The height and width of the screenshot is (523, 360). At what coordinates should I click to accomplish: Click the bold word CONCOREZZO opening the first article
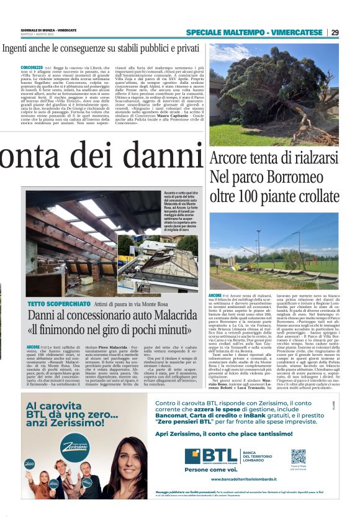[x=32, y=67]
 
